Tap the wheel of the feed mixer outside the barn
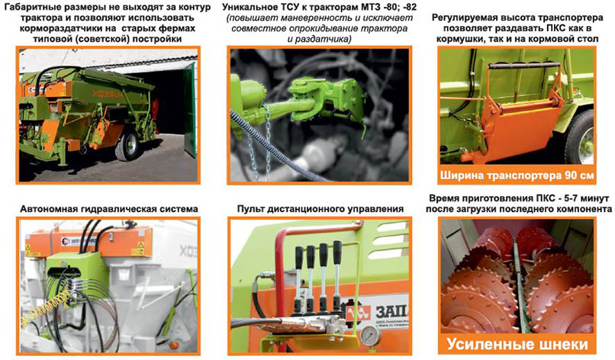click(128, 144)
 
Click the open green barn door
click(190, 110)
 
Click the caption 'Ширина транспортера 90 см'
click(517, 175)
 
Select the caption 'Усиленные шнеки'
click(517, 344)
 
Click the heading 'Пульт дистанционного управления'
click(320, 209)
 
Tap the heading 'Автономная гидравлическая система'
click(109, 209)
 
